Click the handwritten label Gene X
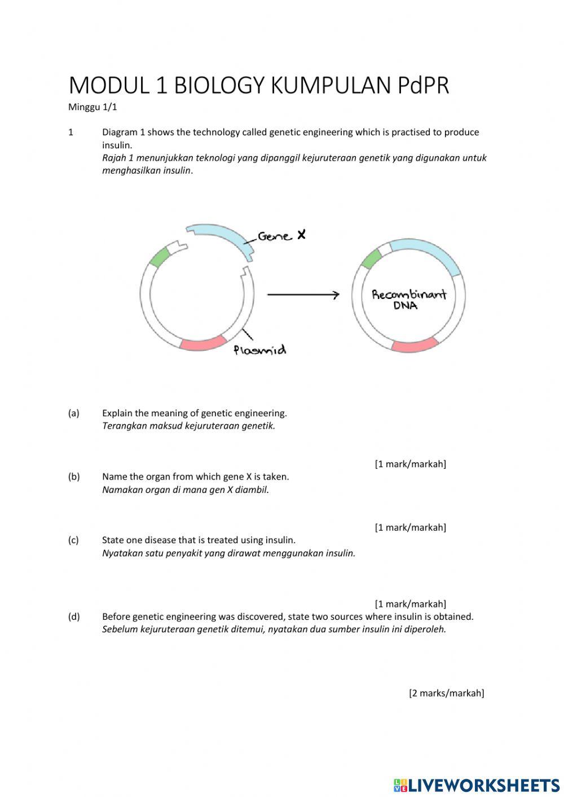(282, 236)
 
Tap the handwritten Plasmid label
(260, 350)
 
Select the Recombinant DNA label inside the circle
(409, 300)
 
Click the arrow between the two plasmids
(303, 295)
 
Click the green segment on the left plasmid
(160, 257)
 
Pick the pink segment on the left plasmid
(203, 342)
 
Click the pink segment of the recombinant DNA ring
(415, 345)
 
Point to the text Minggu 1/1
(92, 107)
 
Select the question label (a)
(74, 413)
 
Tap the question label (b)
(74, 477)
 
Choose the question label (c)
(74, 540)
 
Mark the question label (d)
(74, 617)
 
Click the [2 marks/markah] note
(446, 693)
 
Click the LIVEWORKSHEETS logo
(477, 785)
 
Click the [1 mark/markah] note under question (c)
(410, 604)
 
